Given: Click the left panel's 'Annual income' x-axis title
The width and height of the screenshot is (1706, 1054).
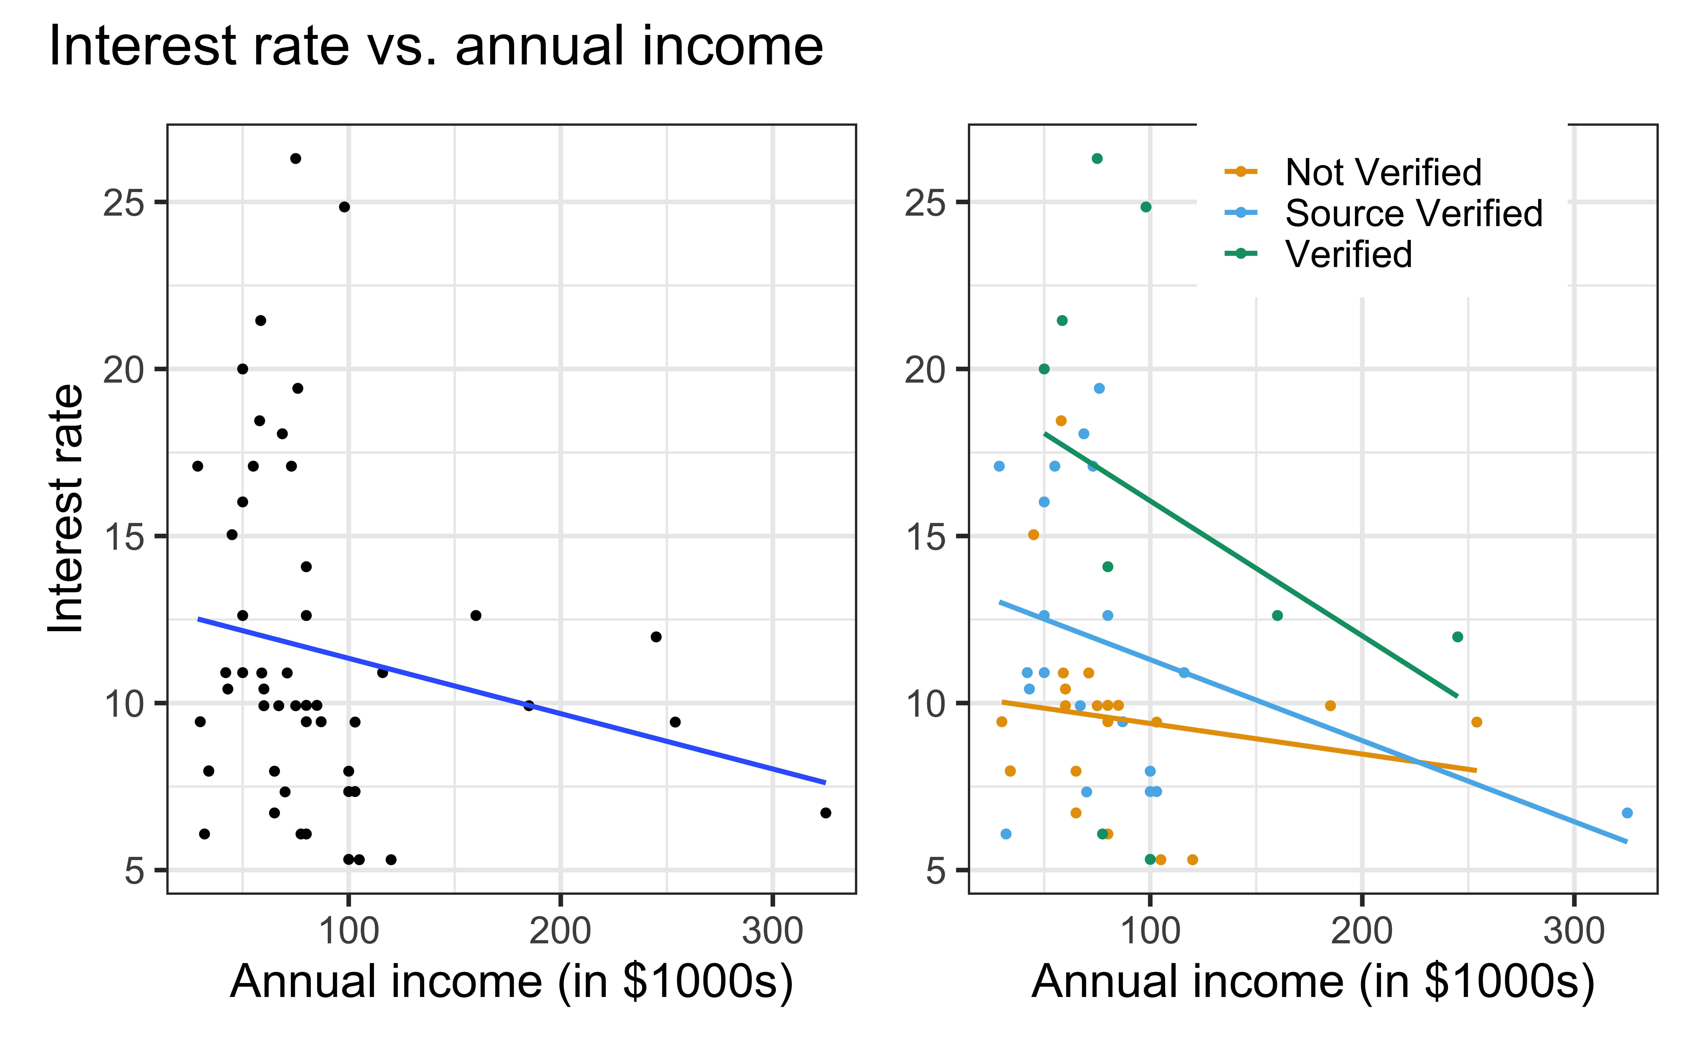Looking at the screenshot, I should click(x=511, y=981).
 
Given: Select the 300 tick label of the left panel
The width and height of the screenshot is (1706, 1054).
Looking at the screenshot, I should click(x=772, y=931).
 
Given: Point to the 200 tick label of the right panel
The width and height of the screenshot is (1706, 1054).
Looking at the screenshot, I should click(x=1362, y=931).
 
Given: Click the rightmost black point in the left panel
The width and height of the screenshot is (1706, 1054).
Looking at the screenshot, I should click(x=826, y=813).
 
